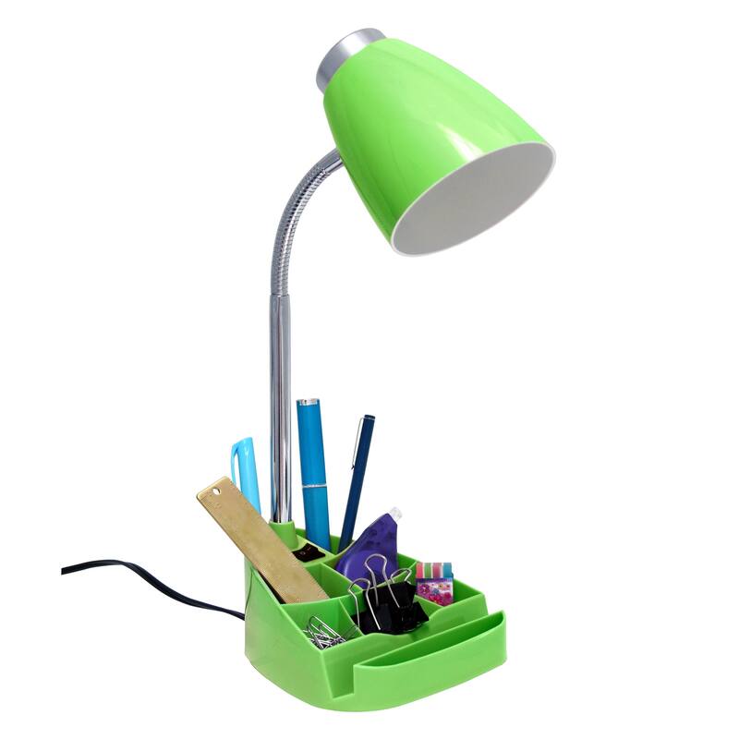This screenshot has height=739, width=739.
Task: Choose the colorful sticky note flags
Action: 433,583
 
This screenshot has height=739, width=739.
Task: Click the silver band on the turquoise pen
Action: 314,487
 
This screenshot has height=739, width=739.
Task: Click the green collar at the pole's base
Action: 285,530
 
